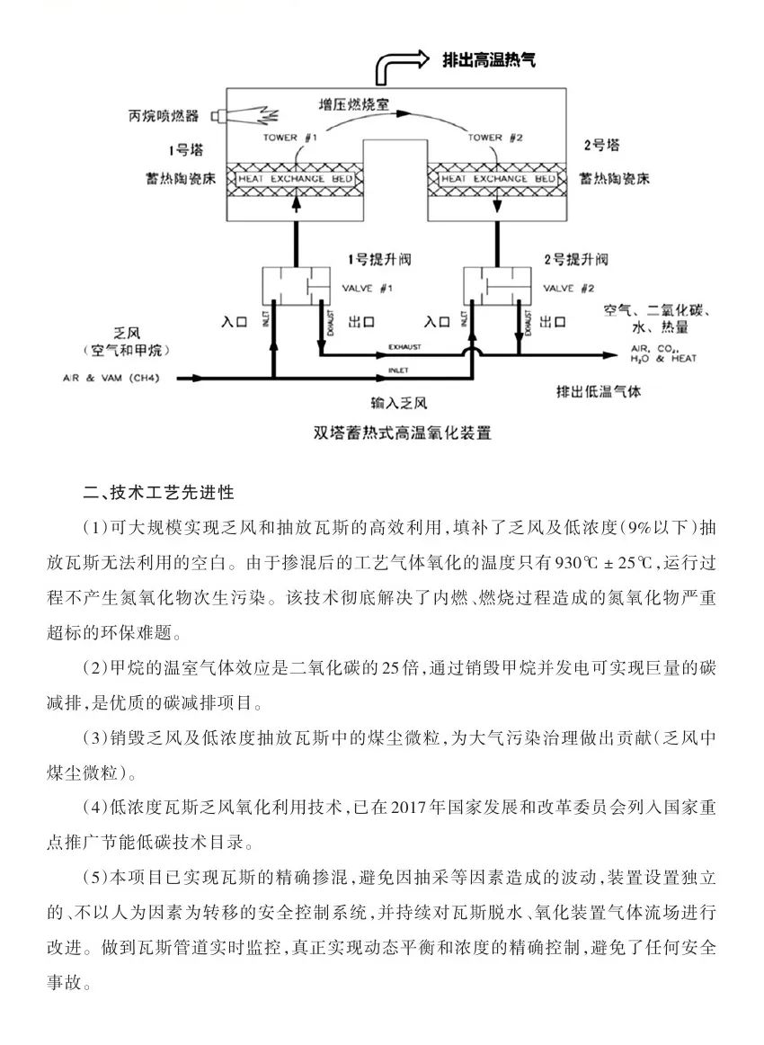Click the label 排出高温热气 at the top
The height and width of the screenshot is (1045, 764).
coord(489,60)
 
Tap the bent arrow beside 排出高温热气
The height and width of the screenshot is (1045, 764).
coord(400,65)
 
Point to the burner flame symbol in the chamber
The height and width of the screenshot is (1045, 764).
coord(260,116)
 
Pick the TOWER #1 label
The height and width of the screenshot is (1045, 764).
coord(290,138)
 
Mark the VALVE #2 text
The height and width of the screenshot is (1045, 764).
coord(570,288)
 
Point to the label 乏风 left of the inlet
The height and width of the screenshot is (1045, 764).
coord(124,332)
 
